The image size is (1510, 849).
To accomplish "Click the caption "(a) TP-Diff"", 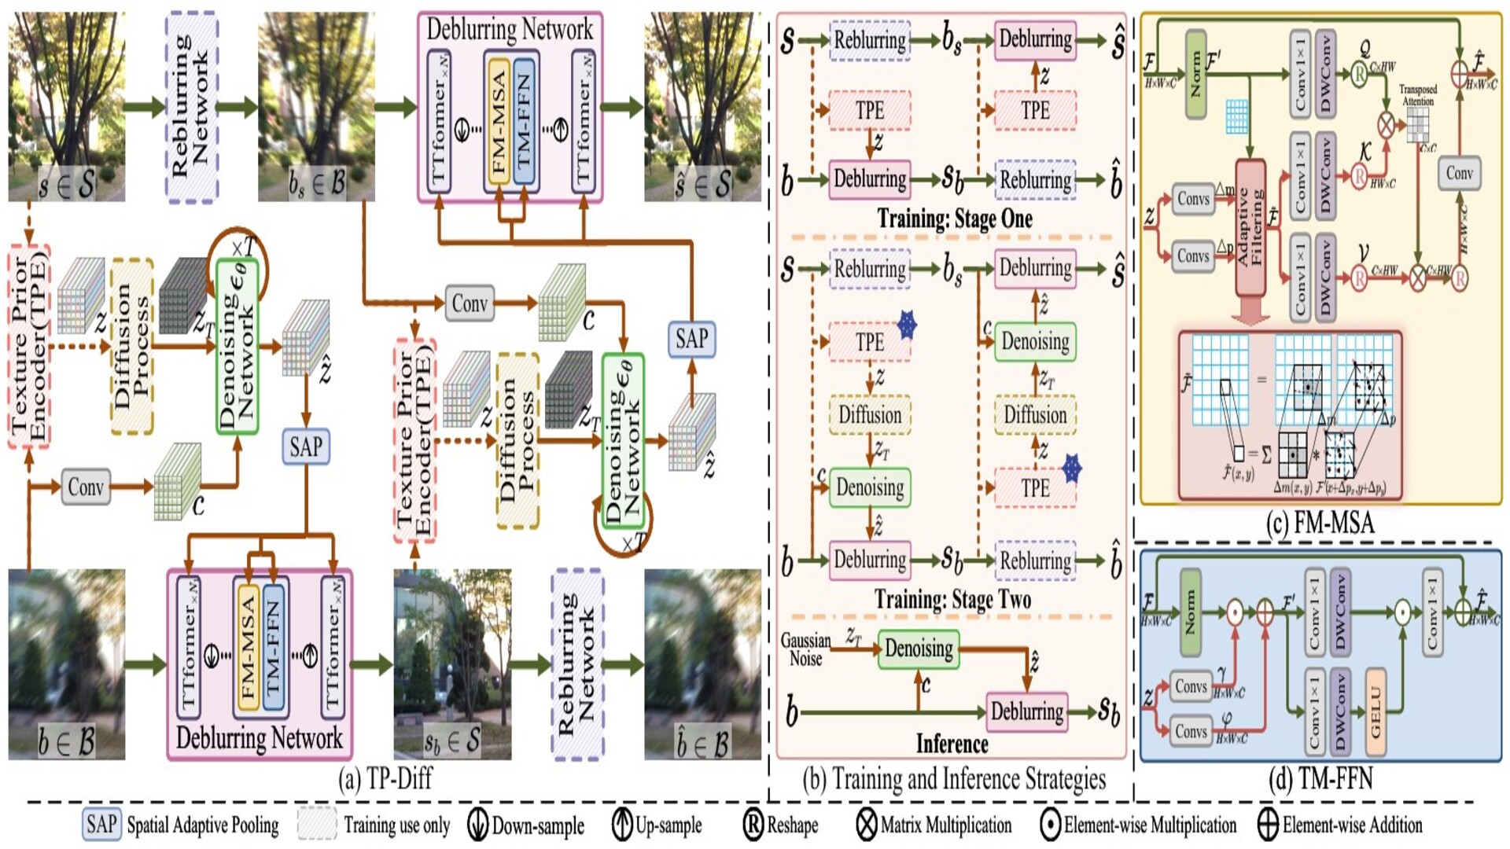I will point(385,779).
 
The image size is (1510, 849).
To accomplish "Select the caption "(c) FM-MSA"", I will point(1320,523).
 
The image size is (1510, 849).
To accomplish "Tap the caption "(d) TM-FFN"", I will point(1320,778).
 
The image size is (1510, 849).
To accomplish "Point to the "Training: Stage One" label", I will point(954,218).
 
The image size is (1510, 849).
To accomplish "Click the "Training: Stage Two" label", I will point(952,600).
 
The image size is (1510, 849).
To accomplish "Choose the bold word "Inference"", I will point(952,744).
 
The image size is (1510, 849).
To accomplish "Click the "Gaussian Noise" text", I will point(805,649).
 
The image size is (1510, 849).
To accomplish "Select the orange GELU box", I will point(1375,713).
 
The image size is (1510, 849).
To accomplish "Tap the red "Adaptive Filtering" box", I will point(1250,228).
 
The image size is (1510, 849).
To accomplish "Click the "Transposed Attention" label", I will point(1418,95).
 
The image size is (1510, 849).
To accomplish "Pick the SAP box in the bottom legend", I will point(101,825).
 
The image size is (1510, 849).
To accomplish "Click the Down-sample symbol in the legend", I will point(477,825).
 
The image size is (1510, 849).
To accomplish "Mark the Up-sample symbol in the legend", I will point(622,825).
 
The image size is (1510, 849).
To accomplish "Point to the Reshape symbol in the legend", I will point(753,825).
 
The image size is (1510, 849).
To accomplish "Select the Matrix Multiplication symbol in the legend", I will point(867,825).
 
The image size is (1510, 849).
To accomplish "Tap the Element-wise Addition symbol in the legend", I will point(1268,825).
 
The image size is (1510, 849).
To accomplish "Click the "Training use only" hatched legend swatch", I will point(317,825).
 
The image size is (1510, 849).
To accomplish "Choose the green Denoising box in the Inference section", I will point(918,649).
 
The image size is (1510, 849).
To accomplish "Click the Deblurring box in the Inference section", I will point(1026,711).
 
